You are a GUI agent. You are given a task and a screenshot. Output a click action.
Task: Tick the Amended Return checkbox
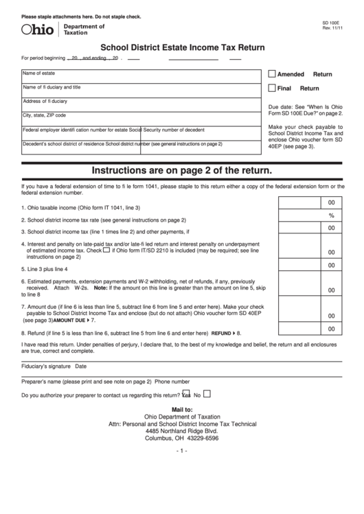pos(272,73)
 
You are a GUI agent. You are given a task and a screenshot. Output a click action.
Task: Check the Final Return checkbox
pos(272,88)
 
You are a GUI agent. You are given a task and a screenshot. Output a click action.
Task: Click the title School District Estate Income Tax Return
pos(182,48)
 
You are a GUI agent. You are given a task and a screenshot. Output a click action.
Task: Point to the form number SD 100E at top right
pos(331,22)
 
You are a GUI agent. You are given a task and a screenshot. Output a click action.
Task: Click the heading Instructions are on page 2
pos(182,169)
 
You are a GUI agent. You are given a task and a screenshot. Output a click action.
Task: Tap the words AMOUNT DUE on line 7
pos(69,320)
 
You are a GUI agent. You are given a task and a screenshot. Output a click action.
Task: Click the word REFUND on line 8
pos(221,333)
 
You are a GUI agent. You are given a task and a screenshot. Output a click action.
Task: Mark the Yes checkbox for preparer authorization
pos(185,394)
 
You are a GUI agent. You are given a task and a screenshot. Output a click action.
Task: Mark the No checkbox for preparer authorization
pos(207,394)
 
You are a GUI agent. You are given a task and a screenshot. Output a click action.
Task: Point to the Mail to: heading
pos(182,409)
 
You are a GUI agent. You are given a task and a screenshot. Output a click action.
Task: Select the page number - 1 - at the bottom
pos(182,450)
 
